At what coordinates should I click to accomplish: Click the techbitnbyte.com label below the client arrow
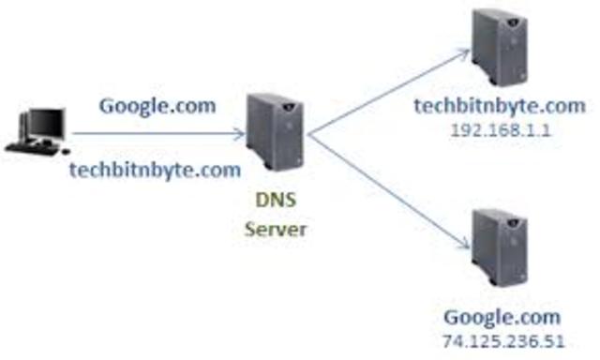click(155, 170)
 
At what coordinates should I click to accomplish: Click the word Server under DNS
click(276, 228)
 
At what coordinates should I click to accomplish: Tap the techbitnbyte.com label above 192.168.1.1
click(501, 106)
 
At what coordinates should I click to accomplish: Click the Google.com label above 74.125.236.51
click(502, 316)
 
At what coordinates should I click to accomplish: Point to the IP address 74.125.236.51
click(502, 340)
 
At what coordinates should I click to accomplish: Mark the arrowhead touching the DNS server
click(240, 133)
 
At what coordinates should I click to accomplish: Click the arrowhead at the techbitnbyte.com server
click(463, 54)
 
